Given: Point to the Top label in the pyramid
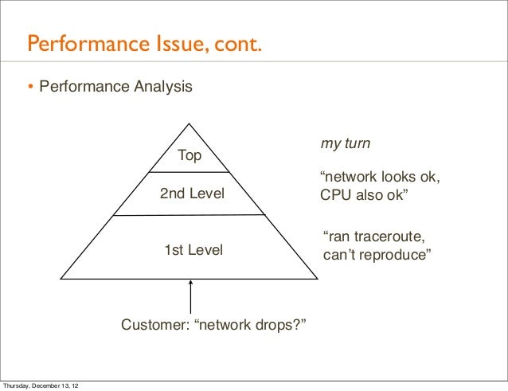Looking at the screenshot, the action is tap(189, 155).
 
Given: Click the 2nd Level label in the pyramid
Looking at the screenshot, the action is tap(193, 194).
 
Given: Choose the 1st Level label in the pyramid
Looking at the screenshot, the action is tap(193, 251).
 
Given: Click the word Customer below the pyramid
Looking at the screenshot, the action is tap(154, 326).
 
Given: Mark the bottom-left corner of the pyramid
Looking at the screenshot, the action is tap(61, 280).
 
